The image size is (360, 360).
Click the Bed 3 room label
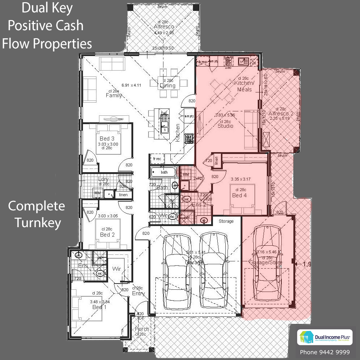tap(107, 139)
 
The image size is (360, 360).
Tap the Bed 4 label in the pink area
tap(239, 195)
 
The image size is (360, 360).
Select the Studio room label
tap(225, 126)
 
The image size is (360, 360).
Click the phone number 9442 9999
tap(325, 352)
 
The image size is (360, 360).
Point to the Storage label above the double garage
tap(226, 221)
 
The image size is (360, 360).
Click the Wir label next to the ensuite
tap(116, 269)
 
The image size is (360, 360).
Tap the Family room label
tap(114, 95)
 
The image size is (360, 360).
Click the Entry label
tap(138, 293)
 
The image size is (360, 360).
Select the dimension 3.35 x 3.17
tap(241, 179)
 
